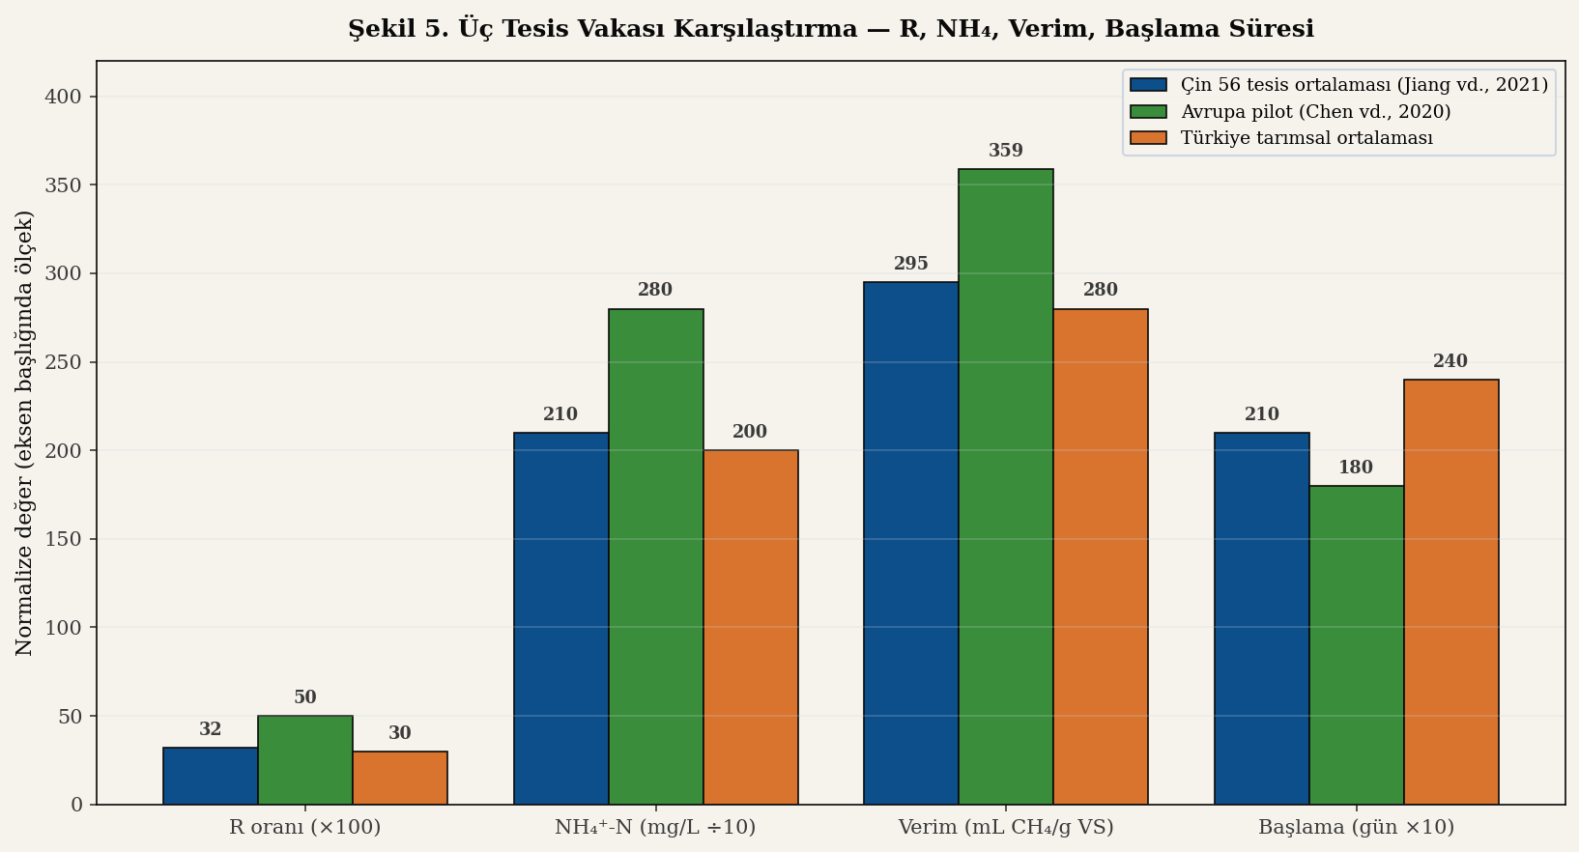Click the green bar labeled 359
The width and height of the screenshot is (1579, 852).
(1005, 487)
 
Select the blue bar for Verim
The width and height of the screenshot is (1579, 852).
(910, 543)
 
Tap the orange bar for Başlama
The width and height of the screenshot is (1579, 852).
(1450, 591)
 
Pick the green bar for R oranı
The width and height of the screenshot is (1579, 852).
(305, 760)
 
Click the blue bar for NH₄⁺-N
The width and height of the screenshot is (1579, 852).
(560, 618)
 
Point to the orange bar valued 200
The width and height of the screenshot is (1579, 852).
(750, 627)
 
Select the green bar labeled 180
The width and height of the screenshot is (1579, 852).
(1356, 644)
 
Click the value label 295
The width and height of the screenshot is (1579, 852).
(910, 264)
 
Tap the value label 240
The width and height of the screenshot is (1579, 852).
(1450, 361)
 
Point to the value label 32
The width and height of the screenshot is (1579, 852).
(211, 729)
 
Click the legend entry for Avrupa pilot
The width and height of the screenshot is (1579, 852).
(1315, 112)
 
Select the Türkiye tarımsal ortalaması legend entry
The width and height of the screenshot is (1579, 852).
(1306, 138)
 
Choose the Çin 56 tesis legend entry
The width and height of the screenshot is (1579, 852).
(1364, 85)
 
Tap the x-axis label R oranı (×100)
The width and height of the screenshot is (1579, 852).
(304, 828)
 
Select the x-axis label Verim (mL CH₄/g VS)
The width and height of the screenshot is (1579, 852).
(1005, 828)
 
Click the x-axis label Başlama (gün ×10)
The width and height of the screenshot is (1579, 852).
(1356, 828)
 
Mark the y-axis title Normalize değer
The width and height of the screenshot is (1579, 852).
(25, 433)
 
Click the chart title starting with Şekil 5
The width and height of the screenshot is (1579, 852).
(830, 29)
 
